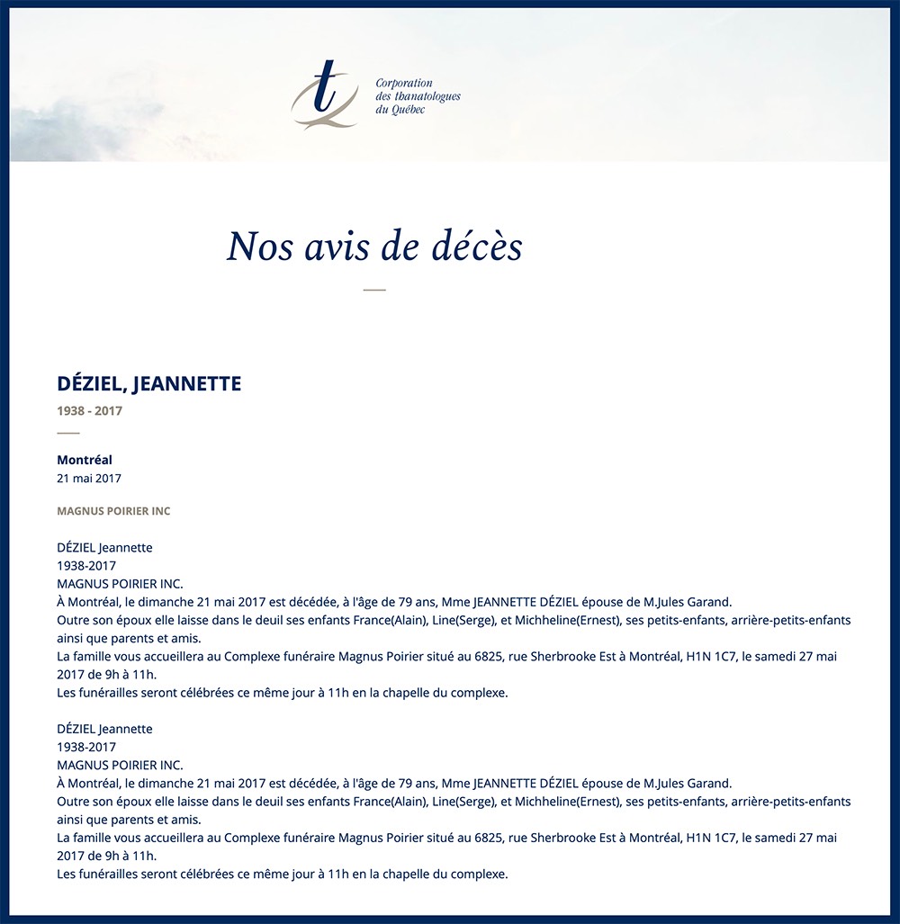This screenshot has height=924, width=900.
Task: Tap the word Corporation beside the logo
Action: [x=404, y=84]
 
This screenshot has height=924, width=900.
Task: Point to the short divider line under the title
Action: [x=374, y=290]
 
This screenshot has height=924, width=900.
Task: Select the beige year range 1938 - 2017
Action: [x=90, y=411]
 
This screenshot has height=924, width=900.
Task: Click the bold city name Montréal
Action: [x=85, y=460]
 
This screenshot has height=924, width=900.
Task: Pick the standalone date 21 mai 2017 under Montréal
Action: [x=89, y=479]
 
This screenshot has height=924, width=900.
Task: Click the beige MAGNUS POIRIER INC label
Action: [x=113, y=511]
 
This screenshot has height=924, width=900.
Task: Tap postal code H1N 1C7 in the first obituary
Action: [x=712, y=657]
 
